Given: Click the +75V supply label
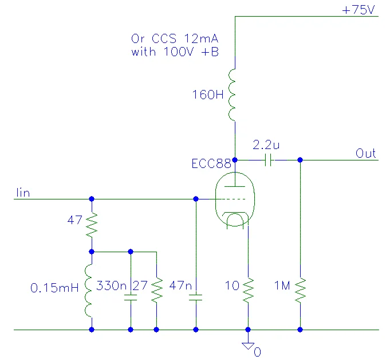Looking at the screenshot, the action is click(x=358, y=10).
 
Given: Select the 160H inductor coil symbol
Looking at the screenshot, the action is click(x=232, y=95).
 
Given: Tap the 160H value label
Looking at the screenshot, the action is click(x=208, y=95).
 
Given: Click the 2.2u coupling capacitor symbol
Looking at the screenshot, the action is click(x=268, y=160).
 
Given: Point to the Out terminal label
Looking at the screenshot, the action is click(x=365, y=154).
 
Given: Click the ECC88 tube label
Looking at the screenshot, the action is click(x=211, y=164).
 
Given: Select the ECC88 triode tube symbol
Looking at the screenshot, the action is click(x=235, y=199).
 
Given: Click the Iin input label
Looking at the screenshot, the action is click(x=23, y=193).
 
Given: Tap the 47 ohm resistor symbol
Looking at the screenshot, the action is click(x=92, y=225).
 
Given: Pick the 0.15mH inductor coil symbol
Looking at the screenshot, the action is click(x=89, y=291).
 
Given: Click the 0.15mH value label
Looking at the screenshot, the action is click(x=54, y=288).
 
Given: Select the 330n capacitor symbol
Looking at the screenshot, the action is click(x=131, y=298).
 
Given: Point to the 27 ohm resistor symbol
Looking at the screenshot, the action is click(x=157, y=290).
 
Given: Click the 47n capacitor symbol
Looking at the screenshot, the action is click(x=196, y=298).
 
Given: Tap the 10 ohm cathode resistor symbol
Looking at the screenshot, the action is click(x=248, y=290).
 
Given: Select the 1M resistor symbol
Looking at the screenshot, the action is click(x=301, y=290).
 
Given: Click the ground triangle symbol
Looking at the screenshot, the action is click(x=248, y=346).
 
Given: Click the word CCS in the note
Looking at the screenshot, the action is click(x=164, y=39).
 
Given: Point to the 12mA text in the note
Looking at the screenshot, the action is click(x=201, y=39).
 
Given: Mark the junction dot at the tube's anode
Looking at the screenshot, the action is click(x=235, y=160).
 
